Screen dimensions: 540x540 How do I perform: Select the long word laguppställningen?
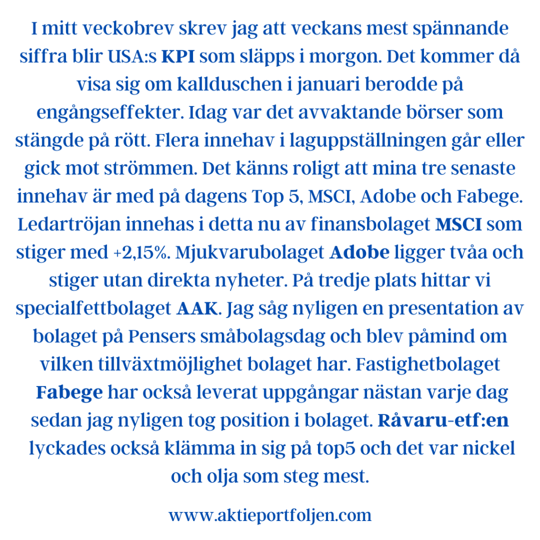pos(381,141)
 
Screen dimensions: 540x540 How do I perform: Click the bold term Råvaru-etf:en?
pos(443,420)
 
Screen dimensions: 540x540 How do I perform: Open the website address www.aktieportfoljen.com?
pos(270,515)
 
